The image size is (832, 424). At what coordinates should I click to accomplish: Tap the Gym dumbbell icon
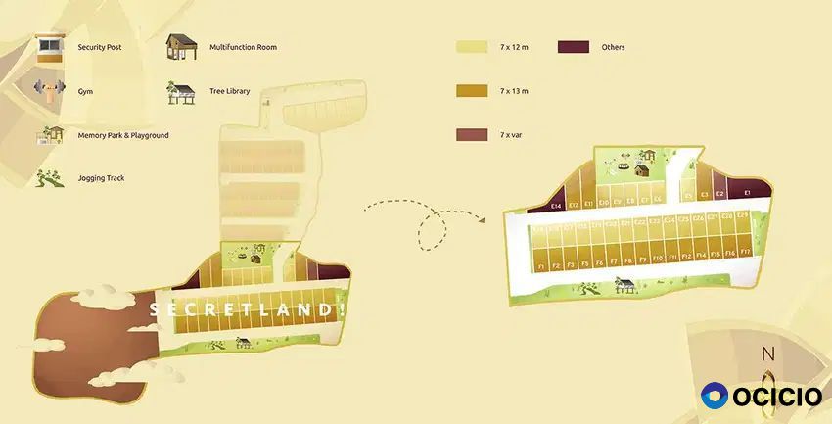45,90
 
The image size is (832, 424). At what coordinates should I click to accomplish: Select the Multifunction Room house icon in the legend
180,47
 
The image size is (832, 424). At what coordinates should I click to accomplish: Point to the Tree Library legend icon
180,92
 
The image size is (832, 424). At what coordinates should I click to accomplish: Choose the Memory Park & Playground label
123,135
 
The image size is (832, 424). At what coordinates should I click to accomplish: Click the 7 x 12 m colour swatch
472,47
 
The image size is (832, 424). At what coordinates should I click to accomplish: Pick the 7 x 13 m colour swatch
472,91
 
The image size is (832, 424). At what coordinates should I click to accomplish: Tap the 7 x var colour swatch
472,135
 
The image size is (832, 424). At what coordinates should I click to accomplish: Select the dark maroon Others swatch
574,47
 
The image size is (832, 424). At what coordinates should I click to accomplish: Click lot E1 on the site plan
748,194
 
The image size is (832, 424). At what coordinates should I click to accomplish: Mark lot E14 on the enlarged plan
555,207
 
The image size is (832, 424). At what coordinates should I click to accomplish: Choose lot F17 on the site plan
746,252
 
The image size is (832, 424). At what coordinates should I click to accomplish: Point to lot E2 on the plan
719,194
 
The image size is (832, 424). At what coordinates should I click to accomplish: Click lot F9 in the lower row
642,259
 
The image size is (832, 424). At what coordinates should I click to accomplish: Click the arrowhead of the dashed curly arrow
485,219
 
